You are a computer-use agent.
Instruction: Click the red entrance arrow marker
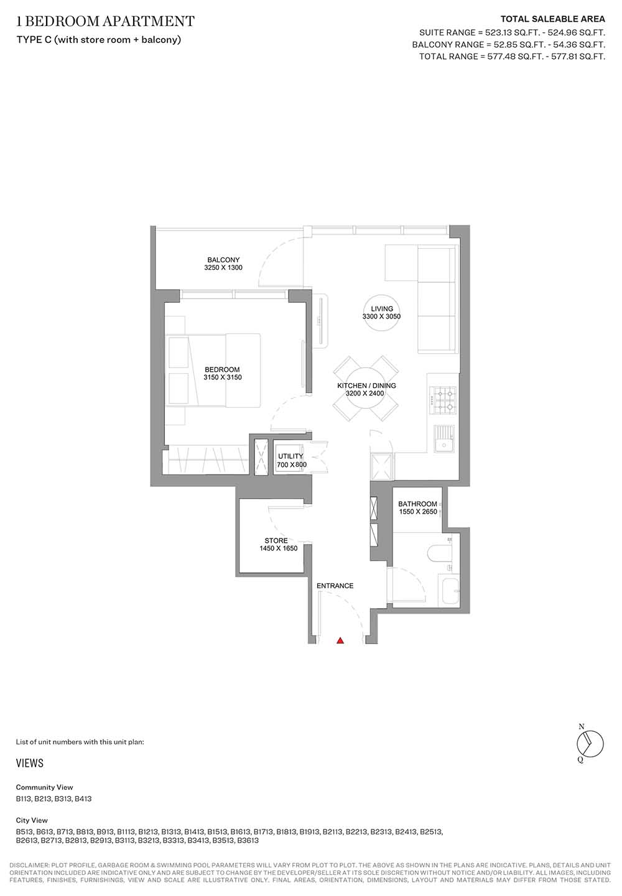point(340,640)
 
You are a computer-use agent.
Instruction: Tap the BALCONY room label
point(223,260)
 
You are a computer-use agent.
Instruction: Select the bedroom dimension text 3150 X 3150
point(223,377)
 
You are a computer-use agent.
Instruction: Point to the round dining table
point(366,389)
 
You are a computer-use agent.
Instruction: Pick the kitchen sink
point(444,438)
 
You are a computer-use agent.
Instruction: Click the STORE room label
point(276,540)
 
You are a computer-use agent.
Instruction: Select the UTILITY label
point(290,456)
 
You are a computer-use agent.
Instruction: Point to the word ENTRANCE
point(335,586)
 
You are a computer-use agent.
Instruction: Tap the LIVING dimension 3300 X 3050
point(381,316)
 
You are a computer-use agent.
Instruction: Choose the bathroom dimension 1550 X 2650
point(418,511)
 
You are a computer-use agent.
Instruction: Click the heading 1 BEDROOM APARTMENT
point(105,21)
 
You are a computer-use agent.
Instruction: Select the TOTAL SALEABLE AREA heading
point(553,19)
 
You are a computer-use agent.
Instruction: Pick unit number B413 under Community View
point(83,799)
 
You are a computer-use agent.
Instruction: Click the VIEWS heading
point(30,763)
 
